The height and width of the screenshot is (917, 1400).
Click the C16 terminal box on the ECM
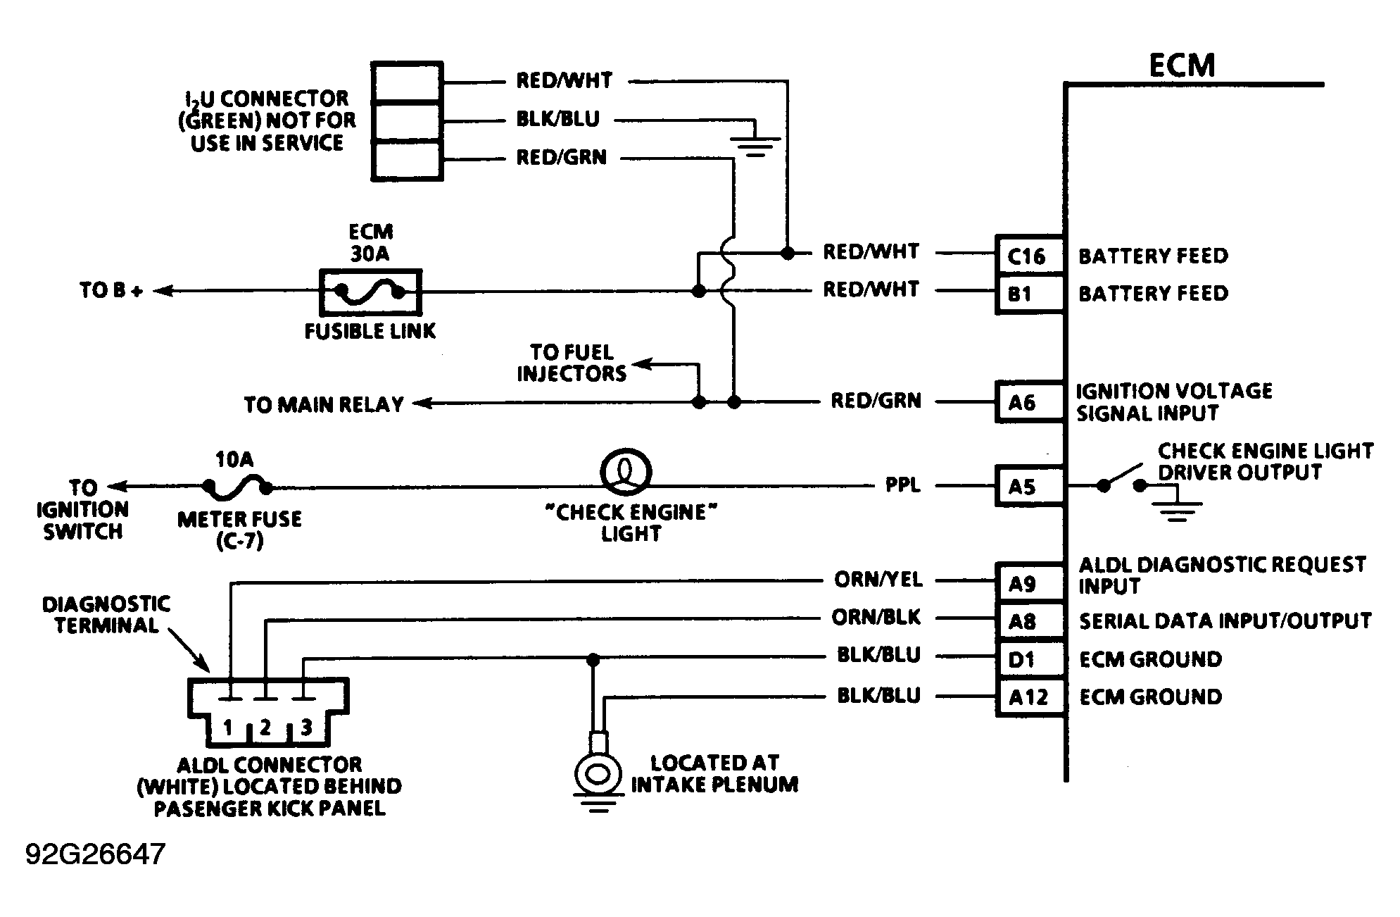click(1028, 256)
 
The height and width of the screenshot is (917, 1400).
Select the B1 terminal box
click(1028, 293)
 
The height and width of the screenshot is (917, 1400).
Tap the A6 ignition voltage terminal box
click(1028, 402)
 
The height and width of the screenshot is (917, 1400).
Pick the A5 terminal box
click(1028, 486)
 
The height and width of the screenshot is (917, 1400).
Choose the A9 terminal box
click(1028, 583)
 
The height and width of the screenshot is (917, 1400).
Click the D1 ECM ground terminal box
click(1028, 659)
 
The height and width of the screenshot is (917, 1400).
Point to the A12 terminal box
click(1028, 697)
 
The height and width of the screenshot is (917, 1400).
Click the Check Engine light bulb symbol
click(626, 473)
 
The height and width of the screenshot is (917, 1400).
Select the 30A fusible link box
click(371, 292)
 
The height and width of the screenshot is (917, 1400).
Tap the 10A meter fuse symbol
click(237, 485)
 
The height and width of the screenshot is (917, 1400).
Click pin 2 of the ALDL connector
click(265, 727)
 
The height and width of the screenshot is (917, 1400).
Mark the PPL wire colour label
click(902, 485)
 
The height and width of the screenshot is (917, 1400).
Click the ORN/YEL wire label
click(878, 580)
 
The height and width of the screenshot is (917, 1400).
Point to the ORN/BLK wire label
click(876, 618)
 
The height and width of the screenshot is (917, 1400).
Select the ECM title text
click(1181, 65)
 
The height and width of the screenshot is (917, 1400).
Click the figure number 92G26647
click(96, 854)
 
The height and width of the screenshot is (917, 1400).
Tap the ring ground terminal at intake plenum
click(598, 774)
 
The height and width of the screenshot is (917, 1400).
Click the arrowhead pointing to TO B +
click(162, 291)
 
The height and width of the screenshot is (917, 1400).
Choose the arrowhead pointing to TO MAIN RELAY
click(421, 403)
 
